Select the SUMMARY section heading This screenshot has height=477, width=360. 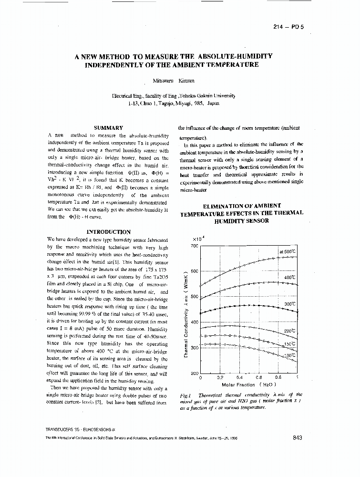(109, 128)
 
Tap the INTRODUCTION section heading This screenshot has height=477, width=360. (109, 232)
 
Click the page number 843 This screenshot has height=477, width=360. (296, 438)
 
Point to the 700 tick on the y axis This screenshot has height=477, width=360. (194, 246)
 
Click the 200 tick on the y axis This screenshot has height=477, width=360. (194, 373)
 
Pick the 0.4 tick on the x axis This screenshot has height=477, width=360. (239, 377)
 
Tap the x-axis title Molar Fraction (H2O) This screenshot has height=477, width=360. (248, 384)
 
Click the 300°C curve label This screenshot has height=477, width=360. (289, 304)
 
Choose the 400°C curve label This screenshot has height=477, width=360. (289, 277)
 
